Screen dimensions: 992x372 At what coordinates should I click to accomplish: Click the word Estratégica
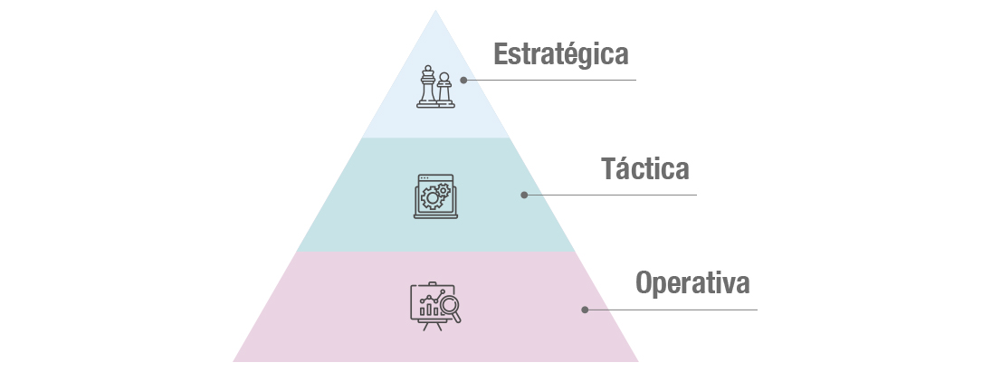(x=560, y=55)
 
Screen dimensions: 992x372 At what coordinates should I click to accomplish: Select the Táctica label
(x=644, y=169)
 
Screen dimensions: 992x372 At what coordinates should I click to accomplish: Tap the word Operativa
(x=692, y=283)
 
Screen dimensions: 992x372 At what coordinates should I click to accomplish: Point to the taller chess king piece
(x=428, y=86)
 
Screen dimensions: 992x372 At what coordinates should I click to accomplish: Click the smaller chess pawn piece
(x=444, y=91)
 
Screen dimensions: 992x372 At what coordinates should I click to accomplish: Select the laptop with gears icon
(x=435, y=196)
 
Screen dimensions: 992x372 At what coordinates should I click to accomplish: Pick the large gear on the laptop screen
(x=432, y=198)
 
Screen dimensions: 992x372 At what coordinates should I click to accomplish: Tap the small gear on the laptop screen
(x=444, y=189)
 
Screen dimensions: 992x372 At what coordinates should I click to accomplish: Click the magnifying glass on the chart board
(x=451, y=309)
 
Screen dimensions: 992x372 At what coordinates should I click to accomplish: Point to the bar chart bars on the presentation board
(x=429, y=310)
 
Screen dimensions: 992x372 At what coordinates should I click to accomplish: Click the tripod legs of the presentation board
(x=432, y=325)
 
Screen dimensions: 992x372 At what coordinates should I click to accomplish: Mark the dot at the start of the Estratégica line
(x=463, y=81)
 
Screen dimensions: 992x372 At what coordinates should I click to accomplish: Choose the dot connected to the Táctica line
(x=524, y=195)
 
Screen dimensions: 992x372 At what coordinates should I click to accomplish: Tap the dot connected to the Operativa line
(x=585, y=310)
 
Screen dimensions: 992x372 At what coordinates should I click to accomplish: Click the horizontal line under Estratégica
(x=549, y=81)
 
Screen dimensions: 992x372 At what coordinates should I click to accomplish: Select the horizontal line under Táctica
(x=610, y=195)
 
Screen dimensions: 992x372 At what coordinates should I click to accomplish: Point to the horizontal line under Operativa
(x=671, y=310)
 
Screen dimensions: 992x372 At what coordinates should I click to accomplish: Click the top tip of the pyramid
(x=435, y=10)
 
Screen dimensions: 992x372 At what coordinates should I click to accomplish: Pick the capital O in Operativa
(x=644, y=282)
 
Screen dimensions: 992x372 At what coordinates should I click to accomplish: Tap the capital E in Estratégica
(x=501, y=53)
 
